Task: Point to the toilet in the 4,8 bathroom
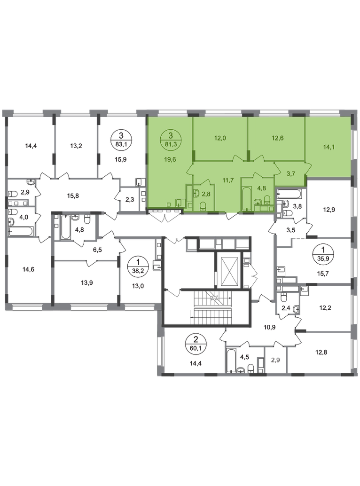click(266, 202)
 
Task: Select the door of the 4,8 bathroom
click(257, 175)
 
